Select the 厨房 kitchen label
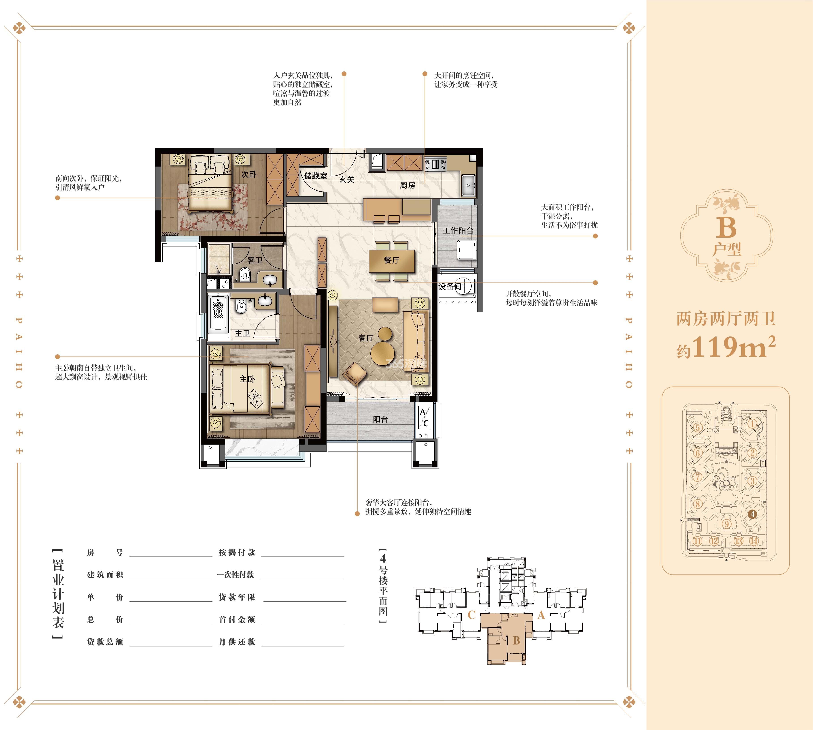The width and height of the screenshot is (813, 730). (408, 185)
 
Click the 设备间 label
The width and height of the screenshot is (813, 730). (450, 286)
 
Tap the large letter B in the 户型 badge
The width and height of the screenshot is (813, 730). (726, 228)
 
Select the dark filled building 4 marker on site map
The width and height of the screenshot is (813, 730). (752, 514)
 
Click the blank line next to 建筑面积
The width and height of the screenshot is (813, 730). (171, 579)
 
